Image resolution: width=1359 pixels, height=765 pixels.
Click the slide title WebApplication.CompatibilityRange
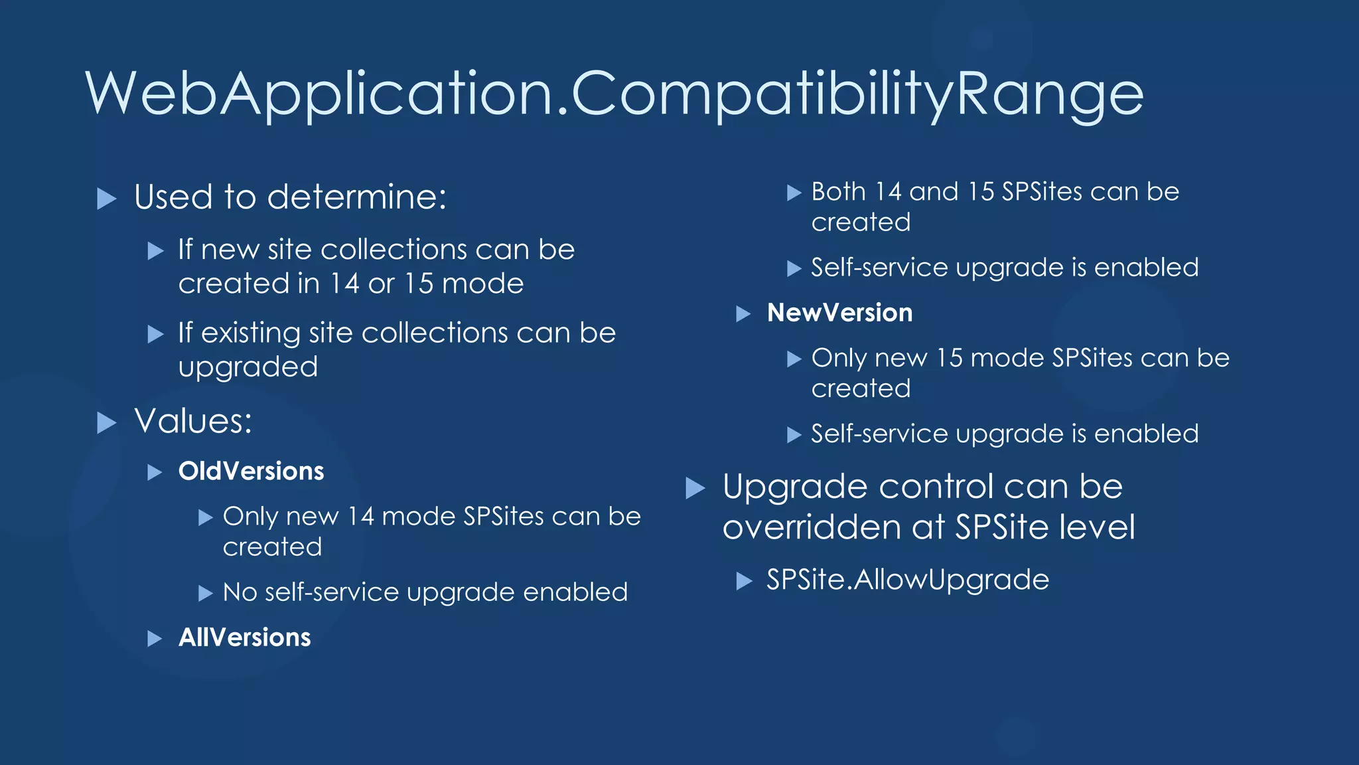614,94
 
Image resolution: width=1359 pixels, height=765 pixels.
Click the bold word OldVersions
251,471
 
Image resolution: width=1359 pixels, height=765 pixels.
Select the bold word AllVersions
244,637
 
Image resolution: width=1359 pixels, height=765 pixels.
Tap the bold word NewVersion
839,313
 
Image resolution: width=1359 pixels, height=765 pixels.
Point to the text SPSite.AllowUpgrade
907,580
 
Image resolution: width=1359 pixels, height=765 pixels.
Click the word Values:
193,421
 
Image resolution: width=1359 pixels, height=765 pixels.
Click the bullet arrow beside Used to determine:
106,198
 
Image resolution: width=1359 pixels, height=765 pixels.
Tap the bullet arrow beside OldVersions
155,473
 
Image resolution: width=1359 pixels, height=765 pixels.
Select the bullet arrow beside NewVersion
743,314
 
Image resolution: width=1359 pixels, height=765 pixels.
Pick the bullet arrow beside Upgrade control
695,488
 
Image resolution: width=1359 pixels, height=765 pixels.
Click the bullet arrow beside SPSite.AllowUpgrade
744,582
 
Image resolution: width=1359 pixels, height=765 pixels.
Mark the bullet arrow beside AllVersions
155,639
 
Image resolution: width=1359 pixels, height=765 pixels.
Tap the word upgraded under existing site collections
248,367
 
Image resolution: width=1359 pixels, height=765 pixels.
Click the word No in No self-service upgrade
240,592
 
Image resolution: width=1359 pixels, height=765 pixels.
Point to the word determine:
357,197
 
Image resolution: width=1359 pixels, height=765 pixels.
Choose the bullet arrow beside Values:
106,422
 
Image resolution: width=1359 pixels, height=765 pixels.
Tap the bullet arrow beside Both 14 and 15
794,193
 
